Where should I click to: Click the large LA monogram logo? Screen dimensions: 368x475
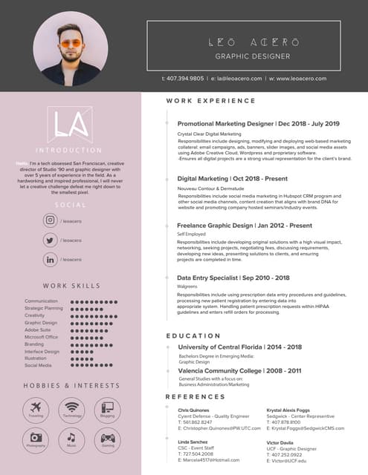(x=71, y=125)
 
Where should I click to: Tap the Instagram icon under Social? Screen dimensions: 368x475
(x=51, y=220)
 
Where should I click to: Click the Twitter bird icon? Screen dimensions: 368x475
(x=51, y=240)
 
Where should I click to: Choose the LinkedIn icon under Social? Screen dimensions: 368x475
(x=51, y=259)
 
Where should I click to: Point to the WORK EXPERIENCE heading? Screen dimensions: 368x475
(x=210, y=101)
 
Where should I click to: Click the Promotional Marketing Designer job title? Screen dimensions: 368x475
(x=225, y=124)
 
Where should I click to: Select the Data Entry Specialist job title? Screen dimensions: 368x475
(x=214, y=278)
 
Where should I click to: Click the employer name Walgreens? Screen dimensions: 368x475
(x=187, y=286)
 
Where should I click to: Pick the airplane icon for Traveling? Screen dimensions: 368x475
(x=36, y=407)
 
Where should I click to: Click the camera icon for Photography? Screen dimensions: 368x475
(x=36, y=436)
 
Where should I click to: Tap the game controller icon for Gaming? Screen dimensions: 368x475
(x=108, y=436)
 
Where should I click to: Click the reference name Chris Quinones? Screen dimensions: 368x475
(x=194, y=409)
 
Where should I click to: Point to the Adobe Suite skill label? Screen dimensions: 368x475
(x=36, y=330)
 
